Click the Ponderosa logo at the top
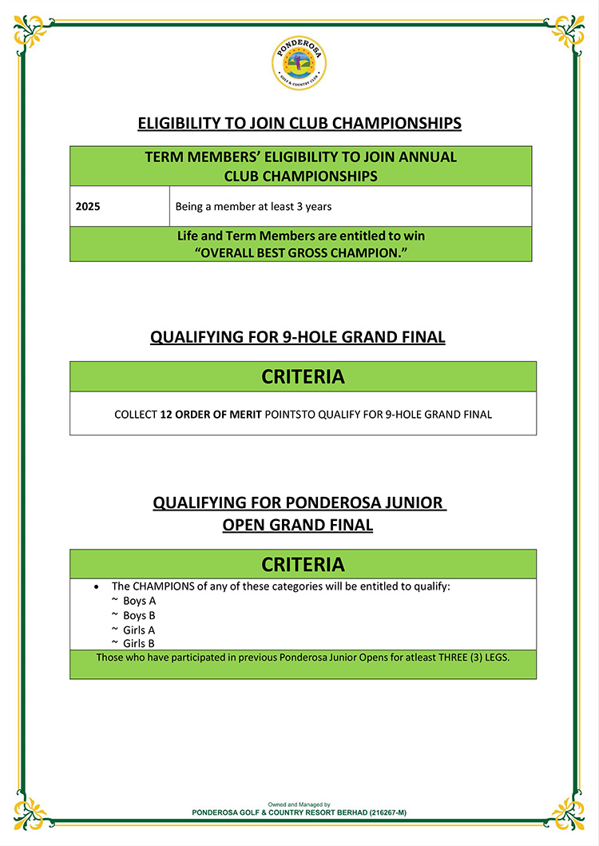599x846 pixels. click(299, 64)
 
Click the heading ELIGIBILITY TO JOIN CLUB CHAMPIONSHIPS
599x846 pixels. click(299, 124)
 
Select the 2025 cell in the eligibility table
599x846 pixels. click(88, 206)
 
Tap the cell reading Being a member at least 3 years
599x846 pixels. click(253, 206)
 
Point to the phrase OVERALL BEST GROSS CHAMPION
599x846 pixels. click(300, 252)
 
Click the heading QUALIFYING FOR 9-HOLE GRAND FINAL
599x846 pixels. click(298, 337)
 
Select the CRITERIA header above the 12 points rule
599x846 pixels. click(303, 377)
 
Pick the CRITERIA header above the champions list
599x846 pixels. click(303, 565)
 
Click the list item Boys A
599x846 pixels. click(139, 601)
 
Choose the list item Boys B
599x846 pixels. click(139, 615)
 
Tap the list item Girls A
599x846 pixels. click(139, 630)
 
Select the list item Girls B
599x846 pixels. click(139, 643)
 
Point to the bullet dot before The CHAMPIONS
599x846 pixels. click(97, 586)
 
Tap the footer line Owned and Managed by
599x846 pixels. click(299, 804)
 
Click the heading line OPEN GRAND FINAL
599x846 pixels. click(298, 525)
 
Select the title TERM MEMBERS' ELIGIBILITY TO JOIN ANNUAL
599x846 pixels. click(301, 157)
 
